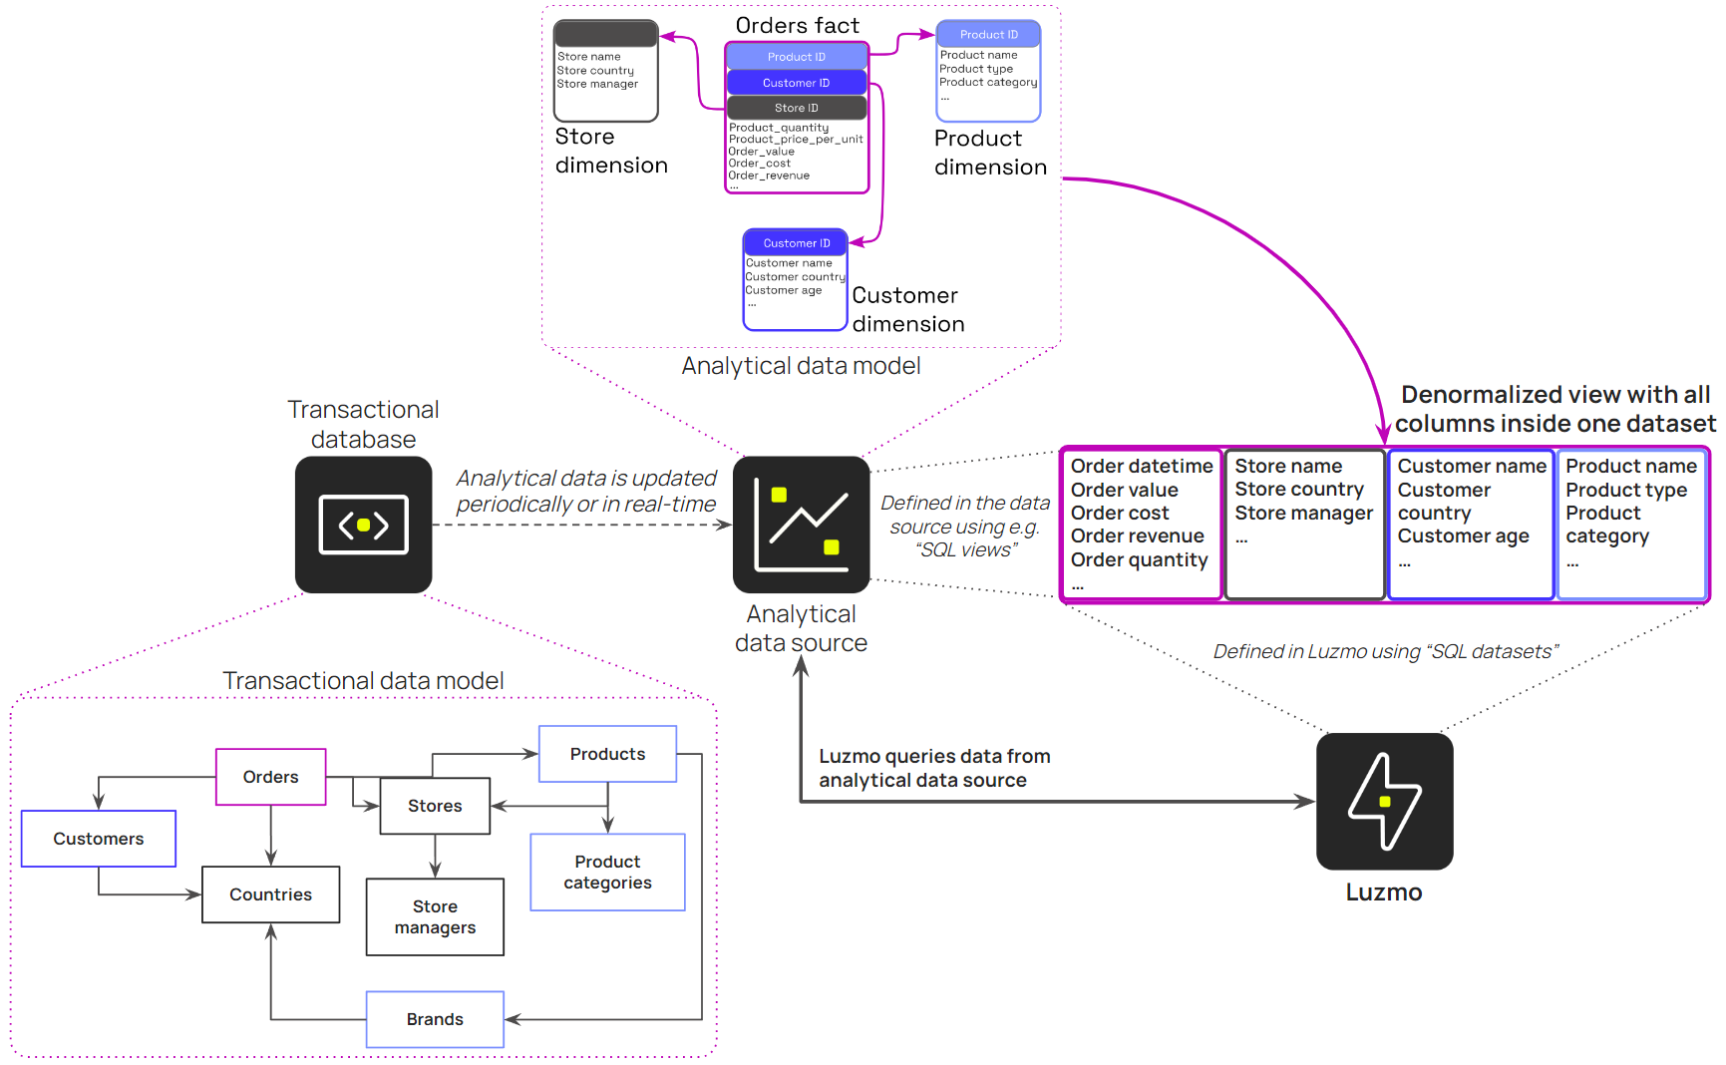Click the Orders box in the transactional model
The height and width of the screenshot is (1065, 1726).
pyautogui.click(x=270, y=777)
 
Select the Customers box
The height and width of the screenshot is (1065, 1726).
pyautogui.click(x=99, y=839)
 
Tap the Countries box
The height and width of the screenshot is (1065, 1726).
pyautogui.click(x=270, y=894)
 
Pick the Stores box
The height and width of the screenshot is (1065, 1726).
pyautogui.click(x=435, y=806)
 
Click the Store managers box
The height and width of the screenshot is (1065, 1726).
pyautogui.click(x=435, y=916)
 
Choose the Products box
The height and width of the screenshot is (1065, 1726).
pyautogui.click(x=607, y=754)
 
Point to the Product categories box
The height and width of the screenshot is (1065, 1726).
pyautogui.click(x=607, y=872)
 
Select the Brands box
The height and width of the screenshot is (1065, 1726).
pyautogui.click(x=435, y=1019)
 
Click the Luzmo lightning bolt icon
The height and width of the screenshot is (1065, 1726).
pyautogui.click(x=1384, y=801)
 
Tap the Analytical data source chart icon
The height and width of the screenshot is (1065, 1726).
pyautogui.click(x=801, y=525)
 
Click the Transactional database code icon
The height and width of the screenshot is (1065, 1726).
pyautogui.click(x=363, y=525)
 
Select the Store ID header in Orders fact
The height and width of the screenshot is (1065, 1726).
pyautogui.click(x=796, y=108)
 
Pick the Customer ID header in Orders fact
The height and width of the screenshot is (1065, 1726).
pyautogui.click(x=796, y=83)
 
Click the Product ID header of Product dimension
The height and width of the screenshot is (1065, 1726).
pyautogui.click(x=988, y=35)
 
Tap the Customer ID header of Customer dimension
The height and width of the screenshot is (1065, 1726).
pyautogui.click(x=796, y=243)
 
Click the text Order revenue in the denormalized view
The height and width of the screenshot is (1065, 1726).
pyautogui.click(x=1137, y=536)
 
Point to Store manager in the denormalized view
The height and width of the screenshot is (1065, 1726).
pyautogui.click(x=1303, y=514)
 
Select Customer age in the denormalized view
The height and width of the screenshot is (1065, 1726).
pyautogui.click(x=1463, y=536)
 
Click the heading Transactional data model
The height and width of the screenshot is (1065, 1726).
pyautogui.click(x=363, y=681)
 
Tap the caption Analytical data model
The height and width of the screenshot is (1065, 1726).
pyautogui.click(x=801, y=366)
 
